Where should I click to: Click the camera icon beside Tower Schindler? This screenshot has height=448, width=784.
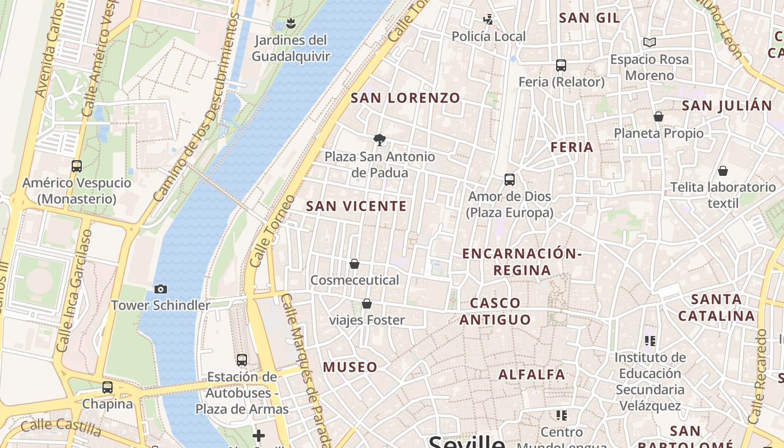click(161, 289)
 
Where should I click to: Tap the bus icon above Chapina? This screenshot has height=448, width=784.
click(108, 387)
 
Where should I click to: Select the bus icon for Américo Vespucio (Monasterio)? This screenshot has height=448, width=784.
click(77, 166)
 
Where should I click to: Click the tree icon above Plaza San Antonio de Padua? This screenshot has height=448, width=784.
click(380, 139)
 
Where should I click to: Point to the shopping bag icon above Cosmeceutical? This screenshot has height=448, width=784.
click(354, 264)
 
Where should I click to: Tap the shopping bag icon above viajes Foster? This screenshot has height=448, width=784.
click(367, 304)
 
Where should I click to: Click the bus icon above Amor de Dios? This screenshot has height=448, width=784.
click(510, 180)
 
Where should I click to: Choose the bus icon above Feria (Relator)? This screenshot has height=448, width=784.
click(561, 66)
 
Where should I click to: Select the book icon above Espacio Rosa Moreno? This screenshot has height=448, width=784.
click(650, 43)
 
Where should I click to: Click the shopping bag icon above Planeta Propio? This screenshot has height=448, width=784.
click(659, 116)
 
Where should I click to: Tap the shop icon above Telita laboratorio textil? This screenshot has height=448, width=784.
click(723, 171)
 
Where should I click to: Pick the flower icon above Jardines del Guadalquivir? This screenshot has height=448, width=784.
click(290, 24)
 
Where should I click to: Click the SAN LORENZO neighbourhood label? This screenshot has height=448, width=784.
click(405, 98)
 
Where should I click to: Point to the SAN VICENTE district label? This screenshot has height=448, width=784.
click(357, 206)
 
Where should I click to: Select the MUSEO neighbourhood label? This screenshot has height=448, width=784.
click(350, 367)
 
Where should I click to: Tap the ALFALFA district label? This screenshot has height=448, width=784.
click(532, 374)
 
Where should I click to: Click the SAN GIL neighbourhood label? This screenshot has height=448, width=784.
click(590, 18)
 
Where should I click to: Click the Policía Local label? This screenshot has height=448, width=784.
click(489, 37)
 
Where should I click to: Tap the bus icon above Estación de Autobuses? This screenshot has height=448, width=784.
click(242, 360)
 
